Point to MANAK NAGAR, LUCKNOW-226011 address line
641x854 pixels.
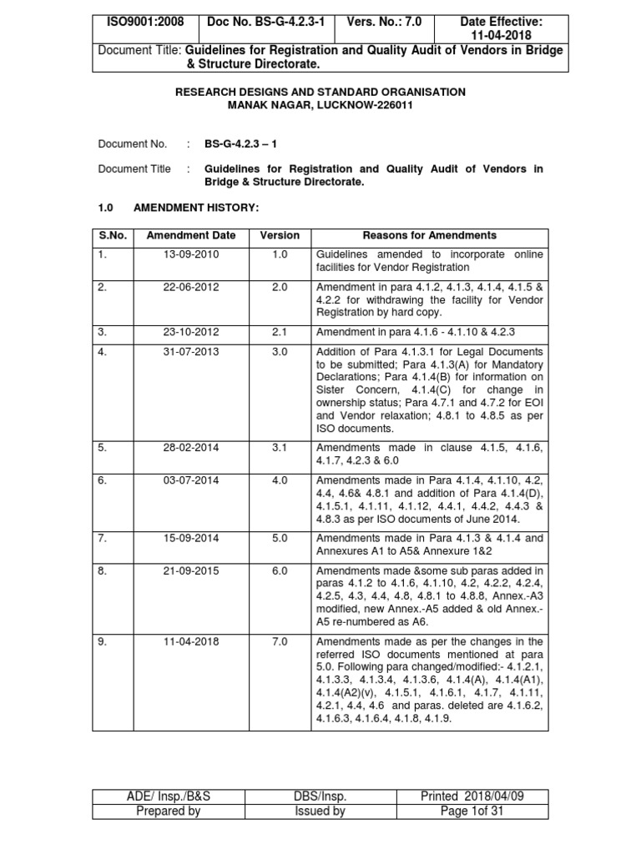pos(320,105)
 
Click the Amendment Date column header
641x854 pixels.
pos(191,236)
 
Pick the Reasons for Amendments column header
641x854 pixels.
pos(430,236)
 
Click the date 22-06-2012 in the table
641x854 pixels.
pos(191,287)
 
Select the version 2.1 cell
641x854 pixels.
pos(280,332)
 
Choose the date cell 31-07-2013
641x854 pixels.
pos(191,352)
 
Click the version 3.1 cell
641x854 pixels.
pos(280,448)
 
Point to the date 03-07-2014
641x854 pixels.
pos(191,480)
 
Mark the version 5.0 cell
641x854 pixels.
pos(280,539)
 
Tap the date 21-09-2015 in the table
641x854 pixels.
pos(191,571)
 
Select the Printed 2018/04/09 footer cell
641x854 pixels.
pos(472,796)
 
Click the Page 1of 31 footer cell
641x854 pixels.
pos(472,811)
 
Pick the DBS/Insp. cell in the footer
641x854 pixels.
pos(320,796)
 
